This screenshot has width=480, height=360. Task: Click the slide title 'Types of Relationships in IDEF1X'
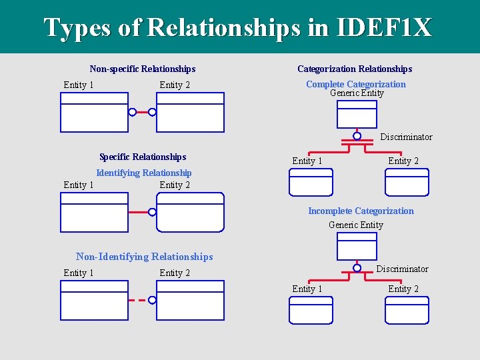coord(238,27)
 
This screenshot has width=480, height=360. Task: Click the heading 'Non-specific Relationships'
coord(143,69)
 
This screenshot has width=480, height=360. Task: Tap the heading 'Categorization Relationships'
coord(355,69)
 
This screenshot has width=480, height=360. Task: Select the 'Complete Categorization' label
coord(355,84)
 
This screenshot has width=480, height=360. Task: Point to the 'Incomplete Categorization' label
coord(361,211)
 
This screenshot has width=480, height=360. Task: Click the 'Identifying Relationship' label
coord(143,173)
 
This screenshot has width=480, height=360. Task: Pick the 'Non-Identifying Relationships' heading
coord(145,257)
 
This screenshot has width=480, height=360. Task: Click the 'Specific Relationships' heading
coord(143,157)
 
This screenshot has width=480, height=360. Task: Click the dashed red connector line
coord(137,300)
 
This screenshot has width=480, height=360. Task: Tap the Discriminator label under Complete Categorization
coord(406,137)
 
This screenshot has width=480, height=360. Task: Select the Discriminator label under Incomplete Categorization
coord(402,269)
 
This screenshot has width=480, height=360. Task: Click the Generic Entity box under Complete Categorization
coord(357,113)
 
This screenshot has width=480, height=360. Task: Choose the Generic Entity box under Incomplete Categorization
coord(357,246)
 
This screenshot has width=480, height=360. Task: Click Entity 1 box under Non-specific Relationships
coord(94,112)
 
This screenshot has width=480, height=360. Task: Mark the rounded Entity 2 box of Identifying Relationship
coord(190,212)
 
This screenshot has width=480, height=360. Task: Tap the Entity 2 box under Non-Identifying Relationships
coord(190,300)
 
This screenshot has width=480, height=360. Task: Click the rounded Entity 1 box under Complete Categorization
coord(311,182)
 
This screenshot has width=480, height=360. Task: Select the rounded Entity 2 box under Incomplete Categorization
coord(407,310)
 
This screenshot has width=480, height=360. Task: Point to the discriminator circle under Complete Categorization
coord(357,136)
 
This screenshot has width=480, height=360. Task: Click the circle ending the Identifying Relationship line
coord(152,212)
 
